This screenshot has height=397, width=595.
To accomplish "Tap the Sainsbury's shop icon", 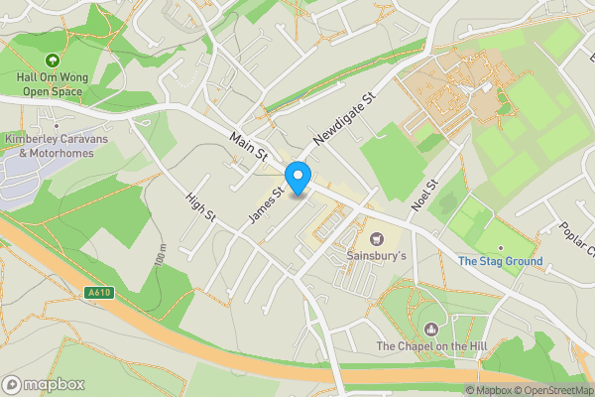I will click(x=377, y=238).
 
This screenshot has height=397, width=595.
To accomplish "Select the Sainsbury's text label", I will click(x=377, y=256).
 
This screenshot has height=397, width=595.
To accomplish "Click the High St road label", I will click(x=199, y=213).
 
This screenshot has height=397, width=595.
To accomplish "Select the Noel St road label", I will click(x=424, y=195).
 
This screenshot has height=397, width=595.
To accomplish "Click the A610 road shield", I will click(x=98, y=292).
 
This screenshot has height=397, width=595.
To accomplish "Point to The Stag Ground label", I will click(x=500, y=262).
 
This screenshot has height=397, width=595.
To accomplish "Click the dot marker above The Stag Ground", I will click(x=501, y=247).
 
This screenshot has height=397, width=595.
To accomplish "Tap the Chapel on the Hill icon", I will click(x=430, y=329).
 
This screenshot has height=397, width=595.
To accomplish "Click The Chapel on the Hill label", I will click(x=430, y=346).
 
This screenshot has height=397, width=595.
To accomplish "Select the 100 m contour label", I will click(x=162, y=255).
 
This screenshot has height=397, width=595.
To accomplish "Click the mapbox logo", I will click(x=44, y=384).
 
